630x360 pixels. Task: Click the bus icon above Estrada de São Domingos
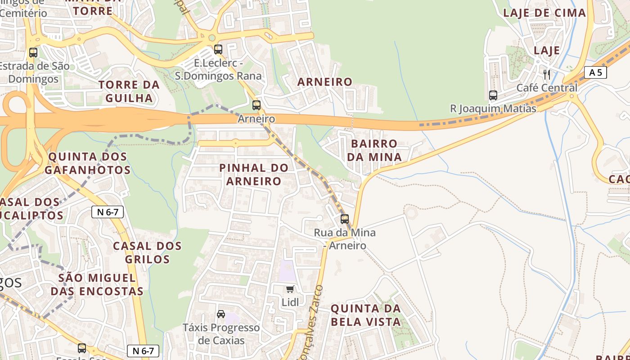[33, 52]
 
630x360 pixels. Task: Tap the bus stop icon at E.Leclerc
[218, 49]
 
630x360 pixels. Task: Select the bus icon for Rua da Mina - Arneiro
[345, 219]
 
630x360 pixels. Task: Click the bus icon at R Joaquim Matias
[493, 95]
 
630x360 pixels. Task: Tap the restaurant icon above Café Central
[547, 74]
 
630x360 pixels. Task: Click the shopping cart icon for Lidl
[290, 289]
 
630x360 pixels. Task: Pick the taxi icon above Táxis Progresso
[221, 314]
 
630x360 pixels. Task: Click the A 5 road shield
[595, 72]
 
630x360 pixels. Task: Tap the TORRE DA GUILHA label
[129, 91]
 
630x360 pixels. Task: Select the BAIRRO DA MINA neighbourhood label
[374, 150]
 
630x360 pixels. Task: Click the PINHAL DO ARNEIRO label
[254, 175]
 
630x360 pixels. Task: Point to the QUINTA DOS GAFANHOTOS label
[88, 163]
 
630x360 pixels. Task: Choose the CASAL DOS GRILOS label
[147, 252]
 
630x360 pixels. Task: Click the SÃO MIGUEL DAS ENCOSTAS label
[97, 284]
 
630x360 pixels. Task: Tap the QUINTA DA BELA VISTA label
[365, 315]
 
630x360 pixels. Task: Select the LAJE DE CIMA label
[544, 13]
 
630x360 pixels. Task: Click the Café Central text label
[547, 88]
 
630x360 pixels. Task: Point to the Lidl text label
[290, 302]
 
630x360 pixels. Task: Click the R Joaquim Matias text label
[493, 108]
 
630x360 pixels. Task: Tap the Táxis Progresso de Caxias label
[221, 334]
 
